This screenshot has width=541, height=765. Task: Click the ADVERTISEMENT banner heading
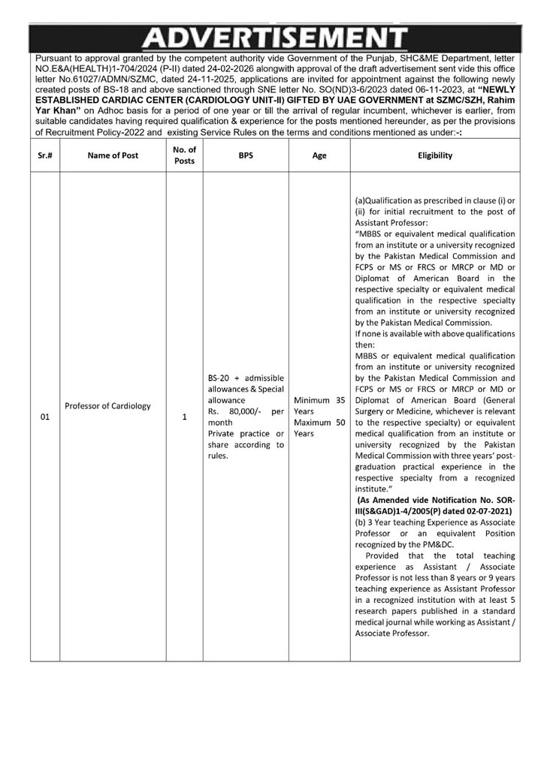[274, 39]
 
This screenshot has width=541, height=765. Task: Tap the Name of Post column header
[113, 155]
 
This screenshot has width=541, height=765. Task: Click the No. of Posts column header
[184, 155]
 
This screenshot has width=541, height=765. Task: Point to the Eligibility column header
[435, 155]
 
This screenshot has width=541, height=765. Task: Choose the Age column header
[319, 155]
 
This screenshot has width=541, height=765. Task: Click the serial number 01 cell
[45, 417]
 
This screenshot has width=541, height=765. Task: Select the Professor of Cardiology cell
[107, 406]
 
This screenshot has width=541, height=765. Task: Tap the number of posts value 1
[184, 417]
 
